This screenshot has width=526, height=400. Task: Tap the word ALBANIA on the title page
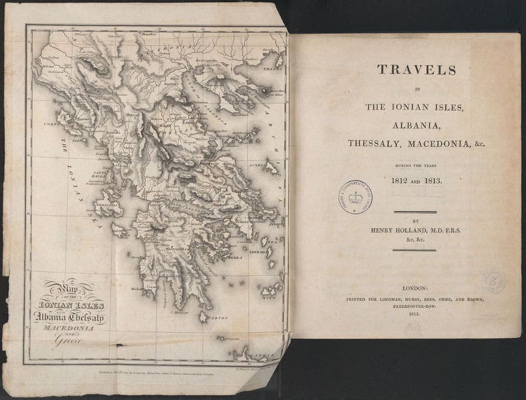click(x=407, y=126)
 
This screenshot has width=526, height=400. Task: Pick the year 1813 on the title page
click(x=424, y=181)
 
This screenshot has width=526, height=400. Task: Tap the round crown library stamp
click(x=355, y=197)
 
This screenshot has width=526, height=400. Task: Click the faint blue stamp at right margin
click(x=494, y=280)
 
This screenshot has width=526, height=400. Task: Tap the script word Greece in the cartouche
click(x=67, y=345)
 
